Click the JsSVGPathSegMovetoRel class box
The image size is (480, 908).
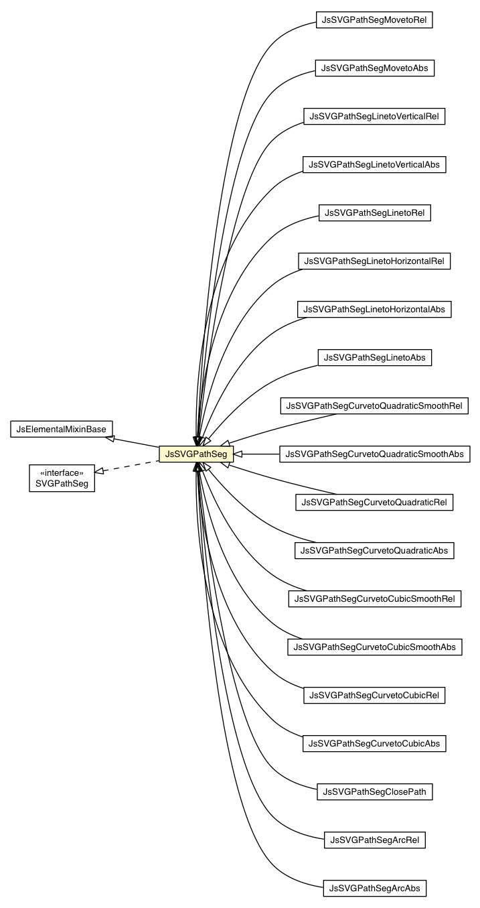click(x=374, y=20)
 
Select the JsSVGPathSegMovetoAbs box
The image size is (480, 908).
click(x=375, y=68)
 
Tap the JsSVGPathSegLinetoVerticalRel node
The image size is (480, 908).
click(x=374, y=117)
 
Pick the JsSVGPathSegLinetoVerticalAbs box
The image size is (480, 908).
click(x=374, y=165)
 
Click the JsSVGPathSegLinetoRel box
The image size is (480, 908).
click(x=374, y=213)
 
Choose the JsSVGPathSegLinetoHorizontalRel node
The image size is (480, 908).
click(x=374, y=261)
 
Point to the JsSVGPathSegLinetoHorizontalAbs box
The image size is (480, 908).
click(x=374, y=310)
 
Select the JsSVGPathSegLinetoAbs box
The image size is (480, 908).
click(x=374, y=358)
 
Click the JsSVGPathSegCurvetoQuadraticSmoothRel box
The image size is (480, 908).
click(x=374, y=406)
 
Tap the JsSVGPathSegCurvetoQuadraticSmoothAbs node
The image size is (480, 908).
click(x=374, y=454)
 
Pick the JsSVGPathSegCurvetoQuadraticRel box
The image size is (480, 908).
click(x=374, y=503)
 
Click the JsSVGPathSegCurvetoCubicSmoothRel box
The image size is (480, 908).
click(x=374, y=599)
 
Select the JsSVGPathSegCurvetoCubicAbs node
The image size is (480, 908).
click(x=374, y=744)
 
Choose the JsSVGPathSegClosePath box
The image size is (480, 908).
click(x=374, y=792)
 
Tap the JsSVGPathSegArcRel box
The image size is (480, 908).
click(x=374, y=840)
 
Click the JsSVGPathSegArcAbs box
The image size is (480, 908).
click(x=374, y=889)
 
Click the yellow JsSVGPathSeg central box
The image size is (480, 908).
click(x=196, y=454)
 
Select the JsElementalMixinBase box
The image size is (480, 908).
click(x=62, y=429)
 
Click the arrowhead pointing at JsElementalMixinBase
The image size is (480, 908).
click(x=110, y=438)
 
